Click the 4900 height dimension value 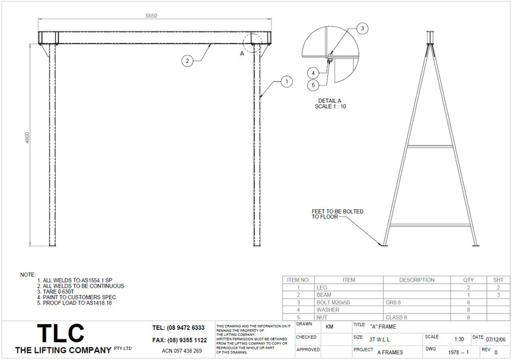coord(27,144)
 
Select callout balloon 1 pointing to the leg coord(287,82)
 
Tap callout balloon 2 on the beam coord(187,60)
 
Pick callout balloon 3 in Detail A coord(362,28)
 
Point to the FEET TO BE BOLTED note coord(337,214)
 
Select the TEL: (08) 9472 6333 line coord(179,328)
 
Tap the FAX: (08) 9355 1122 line coord(179,339)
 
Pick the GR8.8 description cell coord(394,302)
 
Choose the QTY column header coord(459,280)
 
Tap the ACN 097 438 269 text coord(181,350)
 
